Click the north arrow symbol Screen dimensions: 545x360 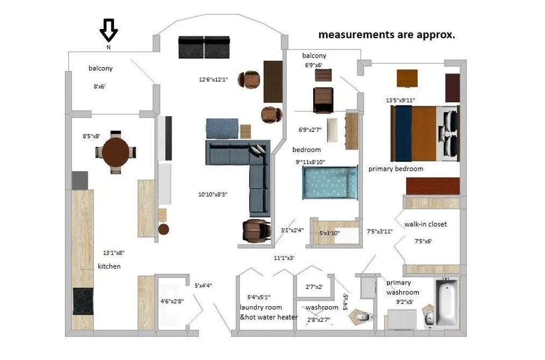click(109, 30)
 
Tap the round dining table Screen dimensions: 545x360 click(115, 152)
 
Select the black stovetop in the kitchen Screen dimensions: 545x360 click(83, 301)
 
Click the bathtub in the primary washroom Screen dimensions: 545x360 click(447, 301)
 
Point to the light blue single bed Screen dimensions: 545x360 click(330, 182)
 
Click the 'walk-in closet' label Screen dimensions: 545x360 click(426, 224)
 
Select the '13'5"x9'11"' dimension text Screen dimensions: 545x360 click(400, 100)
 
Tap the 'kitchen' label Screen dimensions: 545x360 click(109, 266)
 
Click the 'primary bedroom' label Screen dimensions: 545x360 click(396, 169)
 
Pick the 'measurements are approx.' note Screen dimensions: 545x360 click(387, 35)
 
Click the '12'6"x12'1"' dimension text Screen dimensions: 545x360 click(214, 80)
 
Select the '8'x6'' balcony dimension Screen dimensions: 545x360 click(100, 87)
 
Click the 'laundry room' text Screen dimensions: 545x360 click(261, 307)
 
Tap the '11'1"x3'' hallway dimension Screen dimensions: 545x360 click(284, 258)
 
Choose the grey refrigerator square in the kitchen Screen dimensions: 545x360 click(80, 180)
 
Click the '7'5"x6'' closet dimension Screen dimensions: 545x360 click(423, 241)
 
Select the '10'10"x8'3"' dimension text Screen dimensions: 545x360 click(213, 195)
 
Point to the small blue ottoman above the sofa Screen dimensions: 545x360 click(222, 129)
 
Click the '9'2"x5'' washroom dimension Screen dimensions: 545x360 click(405, 302)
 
